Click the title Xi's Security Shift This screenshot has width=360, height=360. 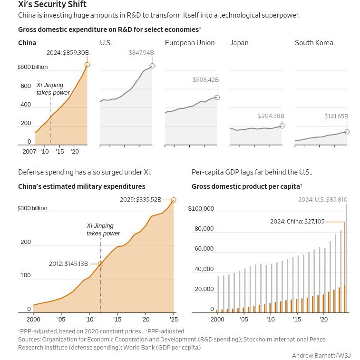(52, 4)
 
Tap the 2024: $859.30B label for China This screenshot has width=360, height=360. (68, 53)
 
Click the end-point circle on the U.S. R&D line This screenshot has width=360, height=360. (152, 66)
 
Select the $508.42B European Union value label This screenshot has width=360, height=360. (206, 80)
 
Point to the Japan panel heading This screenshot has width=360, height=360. (239, 43)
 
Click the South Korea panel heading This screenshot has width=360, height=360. (314, 43)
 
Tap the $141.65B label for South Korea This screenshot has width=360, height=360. (336, 116)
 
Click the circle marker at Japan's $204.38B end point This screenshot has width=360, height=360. (282, 126)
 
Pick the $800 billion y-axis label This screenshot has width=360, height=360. (33, 67)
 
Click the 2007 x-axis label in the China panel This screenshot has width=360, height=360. (29, 152)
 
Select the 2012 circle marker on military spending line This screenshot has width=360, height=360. (100, 264)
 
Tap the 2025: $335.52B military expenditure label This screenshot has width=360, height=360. (140, 200)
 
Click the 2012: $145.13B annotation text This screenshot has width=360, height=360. (68, 263)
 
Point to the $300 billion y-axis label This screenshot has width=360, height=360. (33, 208)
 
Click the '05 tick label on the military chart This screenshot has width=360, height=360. (61, 320)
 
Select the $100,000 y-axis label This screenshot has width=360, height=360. (201, 208)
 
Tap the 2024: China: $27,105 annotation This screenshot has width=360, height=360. (297, 221)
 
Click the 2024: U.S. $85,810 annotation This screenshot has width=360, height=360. (323, 200)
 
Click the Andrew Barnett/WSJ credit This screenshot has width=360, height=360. (321, 355)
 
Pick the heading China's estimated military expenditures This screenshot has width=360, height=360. (82, 186)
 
